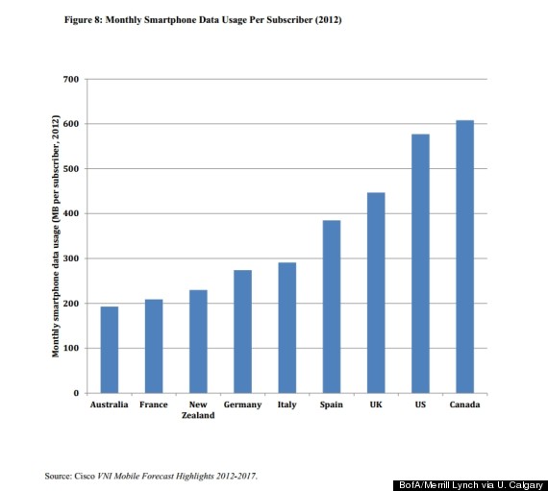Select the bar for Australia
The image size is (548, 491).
point(110,350)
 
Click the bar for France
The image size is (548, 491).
point(154,346)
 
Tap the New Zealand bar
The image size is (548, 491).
point(198,341)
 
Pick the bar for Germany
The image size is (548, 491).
point(242,331)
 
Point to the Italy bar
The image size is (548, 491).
point(286,328)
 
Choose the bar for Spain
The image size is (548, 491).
point(332,307)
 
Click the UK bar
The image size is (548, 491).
point(376,293)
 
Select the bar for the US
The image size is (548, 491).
point(420,263)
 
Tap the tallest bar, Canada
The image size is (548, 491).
point(464,257)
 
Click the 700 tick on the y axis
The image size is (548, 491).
point(71,80)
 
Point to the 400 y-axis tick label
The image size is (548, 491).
point(71,213)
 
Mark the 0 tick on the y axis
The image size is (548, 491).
point(76,393)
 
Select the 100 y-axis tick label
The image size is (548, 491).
point(71,348)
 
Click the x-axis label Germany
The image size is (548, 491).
point(242,405)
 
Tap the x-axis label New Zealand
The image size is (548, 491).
point(198,409)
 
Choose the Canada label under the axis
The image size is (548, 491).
point(464,405)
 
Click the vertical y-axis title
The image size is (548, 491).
point(56,236)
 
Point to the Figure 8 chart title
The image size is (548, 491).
point(203,20)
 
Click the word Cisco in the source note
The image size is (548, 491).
point(85,476)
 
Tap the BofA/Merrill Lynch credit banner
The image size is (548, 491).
point(471,485)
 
